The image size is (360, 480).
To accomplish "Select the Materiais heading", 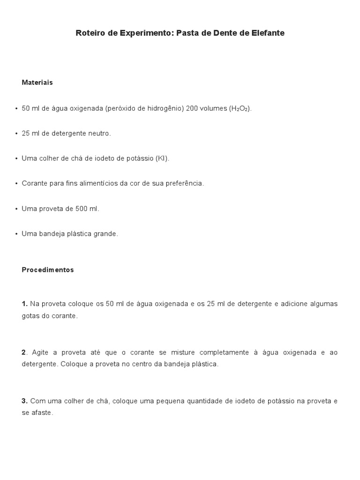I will [37, 82].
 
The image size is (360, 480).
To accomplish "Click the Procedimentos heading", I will [48, 270].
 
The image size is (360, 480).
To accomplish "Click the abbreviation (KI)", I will [162, 158].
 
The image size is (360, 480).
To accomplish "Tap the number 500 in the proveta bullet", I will [82, 209].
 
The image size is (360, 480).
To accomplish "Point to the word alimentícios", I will [98, 183].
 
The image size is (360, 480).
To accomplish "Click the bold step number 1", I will [25, 304].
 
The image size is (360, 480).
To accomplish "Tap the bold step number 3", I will [25, 401].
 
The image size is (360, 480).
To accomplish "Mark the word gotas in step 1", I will [31, 316].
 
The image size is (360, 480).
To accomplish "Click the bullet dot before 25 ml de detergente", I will [16, 134].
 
